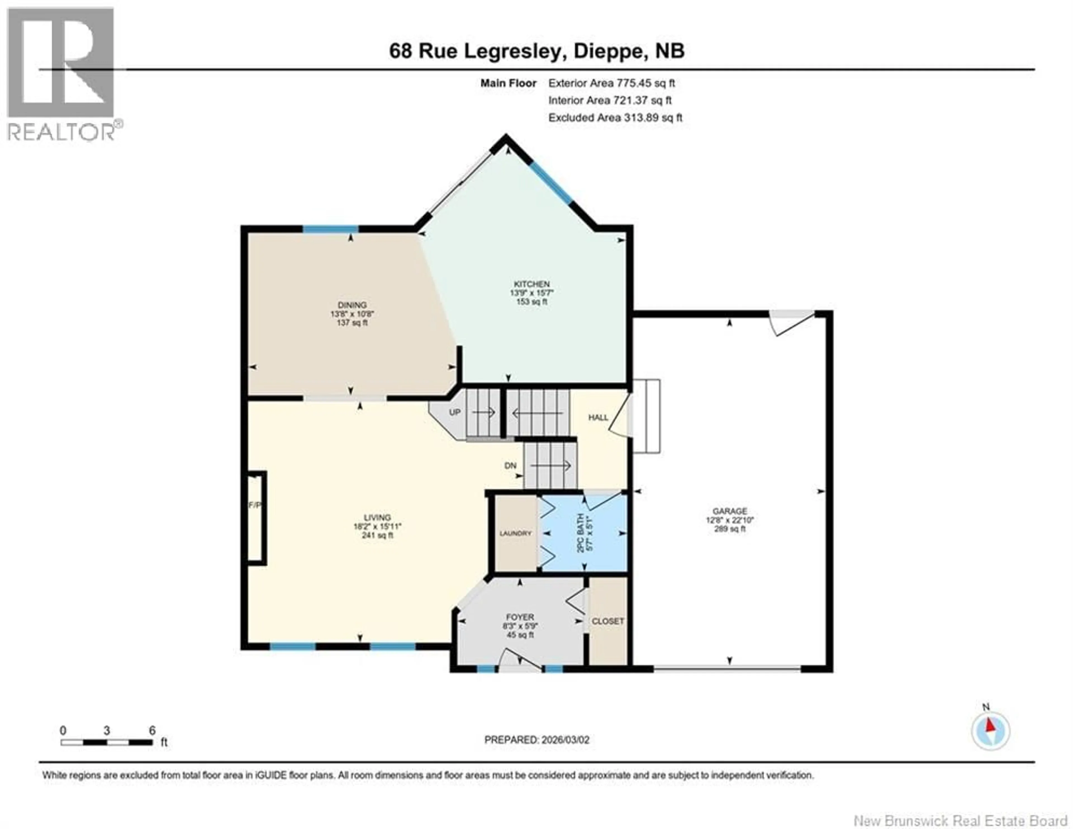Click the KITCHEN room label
531,284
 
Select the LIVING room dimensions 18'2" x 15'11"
377,526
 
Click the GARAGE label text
730,511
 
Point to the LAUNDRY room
515,533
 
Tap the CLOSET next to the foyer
608,621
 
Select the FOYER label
520,617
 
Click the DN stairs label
511,465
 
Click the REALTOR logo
61,74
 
